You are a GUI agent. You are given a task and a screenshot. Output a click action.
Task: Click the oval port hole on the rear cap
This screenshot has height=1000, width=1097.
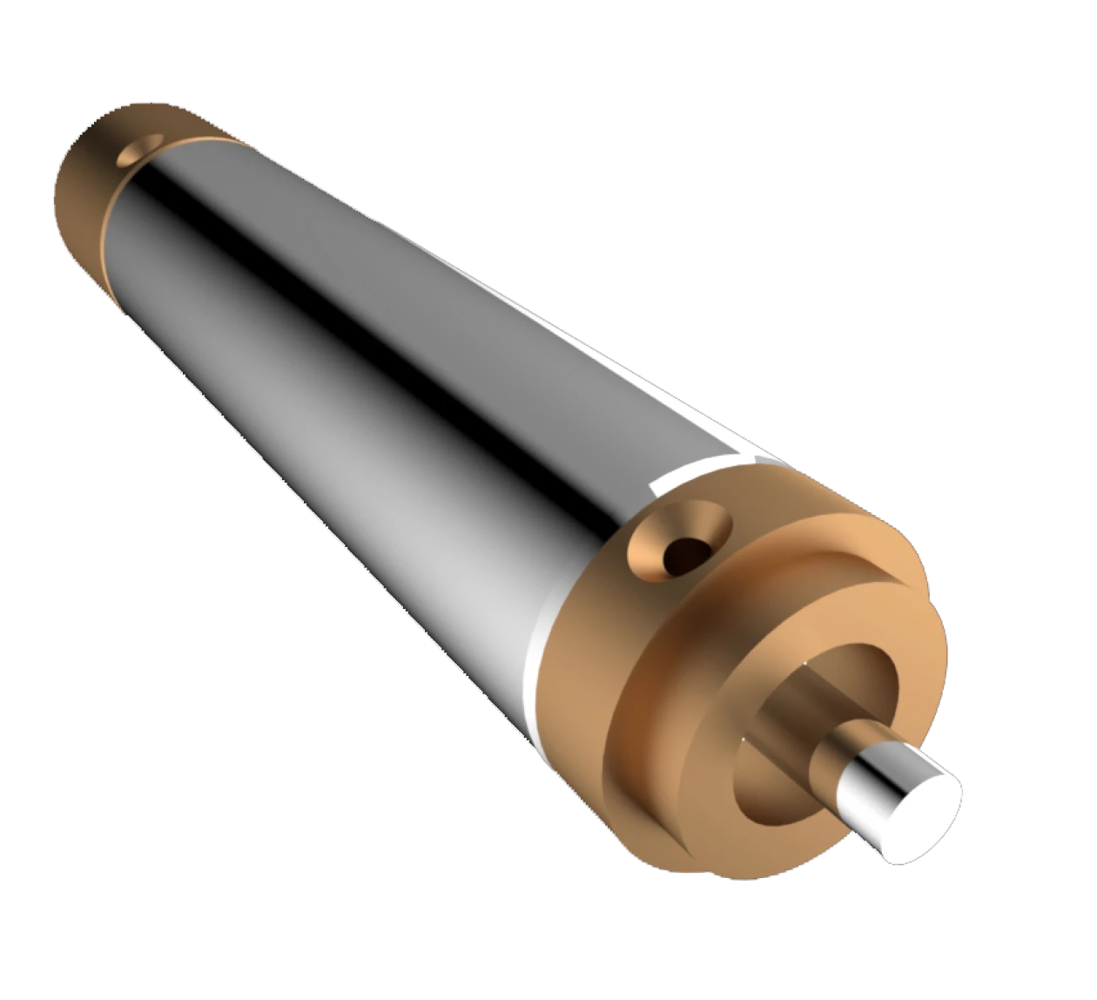(x=138, y=151)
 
